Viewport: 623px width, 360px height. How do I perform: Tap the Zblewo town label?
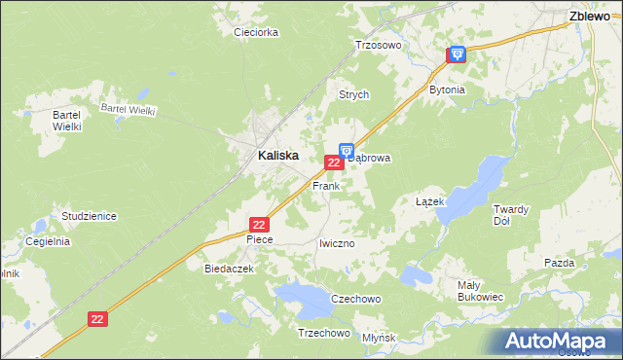[589, 16]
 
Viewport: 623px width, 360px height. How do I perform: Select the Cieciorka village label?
[257, 32]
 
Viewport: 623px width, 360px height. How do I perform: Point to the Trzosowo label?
[378, 45]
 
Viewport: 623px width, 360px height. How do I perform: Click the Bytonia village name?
[448, 90]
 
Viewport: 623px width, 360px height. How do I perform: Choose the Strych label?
[353, 95]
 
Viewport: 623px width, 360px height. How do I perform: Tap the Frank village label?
[325, 185]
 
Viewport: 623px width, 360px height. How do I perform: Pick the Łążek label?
[429, 201]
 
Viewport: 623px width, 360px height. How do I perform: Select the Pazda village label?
[560, 263]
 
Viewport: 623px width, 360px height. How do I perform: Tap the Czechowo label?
[355, 299]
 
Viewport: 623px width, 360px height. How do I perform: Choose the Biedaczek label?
[229, 268]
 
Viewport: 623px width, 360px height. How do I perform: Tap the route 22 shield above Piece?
[258, 225]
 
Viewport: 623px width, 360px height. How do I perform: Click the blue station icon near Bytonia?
[457, 55]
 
